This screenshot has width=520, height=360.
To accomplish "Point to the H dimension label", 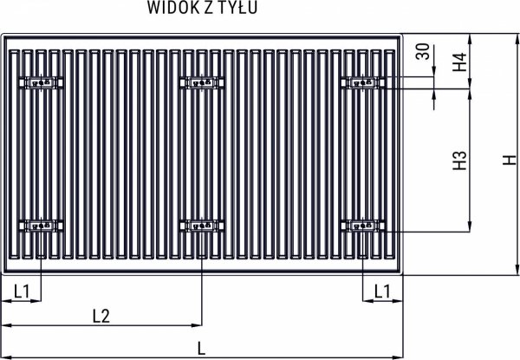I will click(x=509, y=160).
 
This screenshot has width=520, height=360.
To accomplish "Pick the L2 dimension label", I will click(x=101, y=316).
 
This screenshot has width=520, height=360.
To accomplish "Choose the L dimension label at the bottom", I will click(x=202, y=349).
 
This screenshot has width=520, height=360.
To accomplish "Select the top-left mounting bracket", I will click(x=42, y=83).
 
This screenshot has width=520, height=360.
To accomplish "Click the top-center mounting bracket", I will click(x=201, y=83).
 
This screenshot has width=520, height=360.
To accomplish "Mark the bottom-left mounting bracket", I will click(x=42, y=226).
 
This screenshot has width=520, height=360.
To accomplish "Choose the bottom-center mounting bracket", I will click(x=201, y=226).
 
